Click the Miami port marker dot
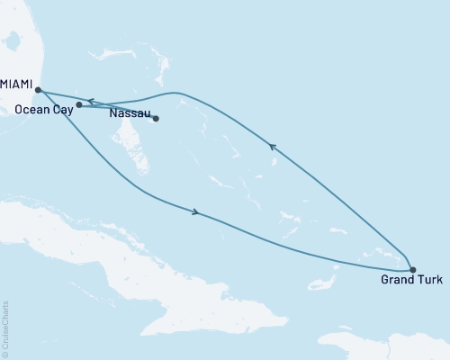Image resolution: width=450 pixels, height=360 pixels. [x=38, y=89]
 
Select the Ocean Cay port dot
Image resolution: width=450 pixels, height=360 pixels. [x=79, y=105]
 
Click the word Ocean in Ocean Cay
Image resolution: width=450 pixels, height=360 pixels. [x=32, y=109]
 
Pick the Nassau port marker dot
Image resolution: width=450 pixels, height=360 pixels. [x=156, y=118]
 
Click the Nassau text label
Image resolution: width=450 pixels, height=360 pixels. [x=127, y=114]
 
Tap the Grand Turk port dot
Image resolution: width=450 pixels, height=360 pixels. [x=412, y=269]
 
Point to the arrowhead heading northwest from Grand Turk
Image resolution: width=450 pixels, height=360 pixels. [x=272, y=145]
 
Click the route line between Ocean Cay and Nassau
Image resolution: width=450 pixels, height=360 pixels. [x=117, y=112]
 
